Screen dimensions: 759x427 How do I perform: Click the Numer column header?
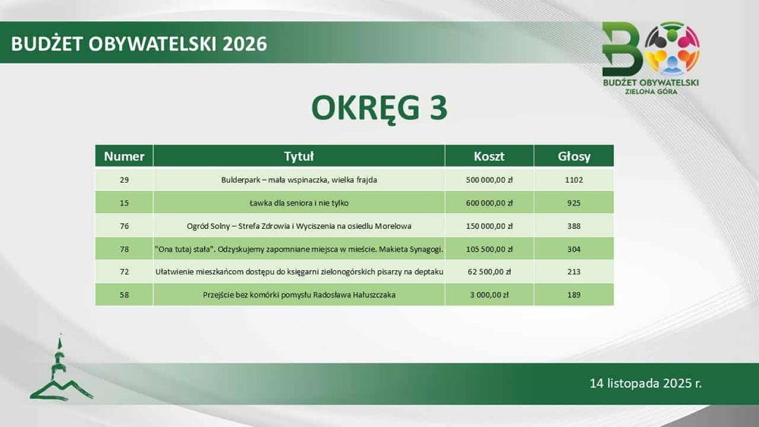124,156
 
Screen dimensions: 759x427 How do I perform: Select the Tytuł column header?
298,156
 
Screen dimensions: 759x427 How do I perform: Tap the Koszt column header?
489,156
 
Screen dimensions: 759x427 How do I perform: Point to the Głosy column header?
574,156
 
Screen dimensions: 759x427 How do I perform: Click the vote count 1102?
574,180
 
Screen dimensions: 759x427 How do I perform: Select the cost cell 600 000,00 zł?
489,203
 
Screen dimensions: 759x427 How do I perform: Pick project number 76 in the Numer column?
124,226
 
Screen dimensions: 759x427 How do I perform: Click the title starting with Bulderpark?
298,180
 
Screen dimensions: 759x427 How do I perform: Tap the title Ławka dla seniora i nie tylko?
298,203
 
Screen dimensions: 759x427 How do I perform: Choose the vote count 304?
574,249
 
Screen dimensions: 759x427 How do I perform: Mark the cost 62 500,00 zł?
489,272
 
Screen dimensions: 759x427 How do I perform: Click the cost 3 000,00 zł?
489,294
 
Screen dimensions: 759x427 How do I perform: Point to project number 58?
124,294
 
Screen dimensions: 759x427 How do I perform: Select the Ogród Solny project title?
298,226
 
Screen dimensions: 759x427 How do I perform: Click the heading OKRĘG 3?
379,108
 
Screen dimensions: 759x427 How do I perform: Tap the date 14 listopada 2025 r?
645,384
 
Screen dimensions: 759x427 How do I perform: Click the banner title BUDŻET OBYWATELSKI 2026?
139,43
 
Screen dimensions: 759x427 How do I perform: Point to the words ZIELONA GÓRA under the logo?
651,92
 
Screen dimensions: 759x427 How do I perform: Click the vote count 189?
574,294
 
